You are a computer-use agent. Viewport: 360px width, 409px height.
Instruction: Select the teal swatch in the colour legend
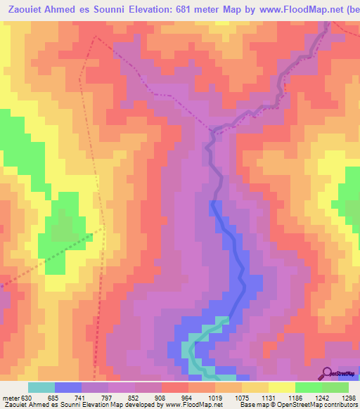pos(41,387)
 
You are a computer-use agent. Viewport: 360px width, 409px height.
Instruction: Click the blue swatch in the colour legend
pos(68,387)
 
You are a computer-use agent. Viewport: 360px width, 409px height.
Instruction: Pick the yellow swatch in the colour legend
pos(282,387)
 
